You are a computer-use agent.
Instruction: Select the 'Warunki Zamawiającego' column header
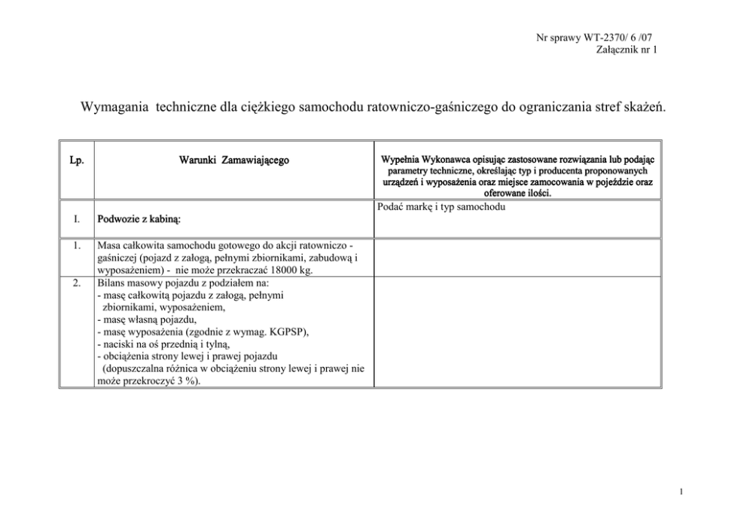pos(233,160)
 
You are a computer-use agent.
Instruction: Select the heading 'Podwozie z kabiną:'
pos(142,220)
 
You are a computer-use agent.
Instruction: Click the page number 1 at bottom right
pos(681,493)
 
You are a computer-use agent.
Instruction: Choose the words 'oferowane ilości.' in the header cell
pos(517,193)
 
